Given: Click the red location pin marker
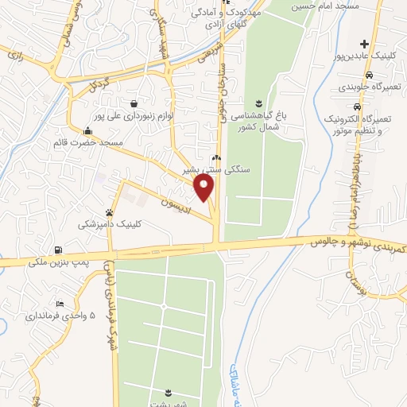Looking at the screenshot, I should click(204, 189).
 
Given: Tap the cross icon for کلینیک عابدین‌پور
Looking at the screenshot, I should click(364, 43).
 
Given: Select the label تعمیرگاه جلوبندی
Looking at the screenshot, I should click(365, 87).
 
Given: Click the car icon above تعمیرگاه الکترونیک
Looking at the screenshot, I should click(358, 106).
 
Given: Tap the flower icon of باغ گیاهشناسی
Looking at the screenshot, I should click(258, 103).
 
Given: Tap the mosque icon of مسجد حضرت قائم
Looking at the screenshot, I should click(87, 131).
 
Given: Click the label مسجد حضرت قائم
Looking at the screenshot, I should click(88, 143).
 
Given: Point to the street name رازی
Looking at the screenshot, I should click(17, 54).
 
